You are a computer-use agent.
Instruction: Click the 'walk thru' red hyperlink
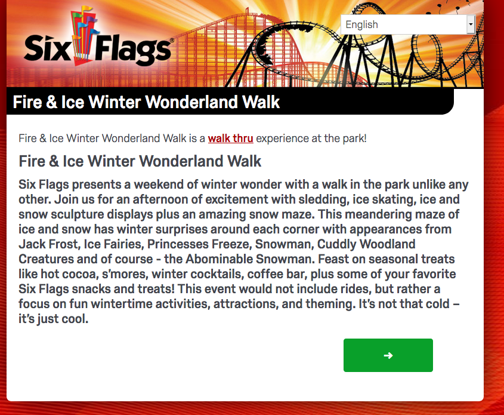(230, 139)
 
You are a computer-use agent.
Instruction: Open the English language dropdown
(407, 24)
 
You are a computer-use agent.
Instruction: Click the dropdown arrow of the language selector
(471, 24)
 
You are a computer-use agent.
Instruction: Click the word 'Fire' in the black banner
(27, 102)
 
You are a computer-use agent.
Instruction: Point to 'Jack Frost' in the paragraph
(49, 244)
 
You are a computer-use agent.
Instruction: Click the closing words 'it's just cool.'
(53, 319)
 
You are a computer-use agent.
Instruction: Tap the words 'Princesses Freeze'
(199, 244)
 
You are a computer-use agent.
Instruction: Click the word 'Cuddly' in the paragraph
(336, 244)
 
